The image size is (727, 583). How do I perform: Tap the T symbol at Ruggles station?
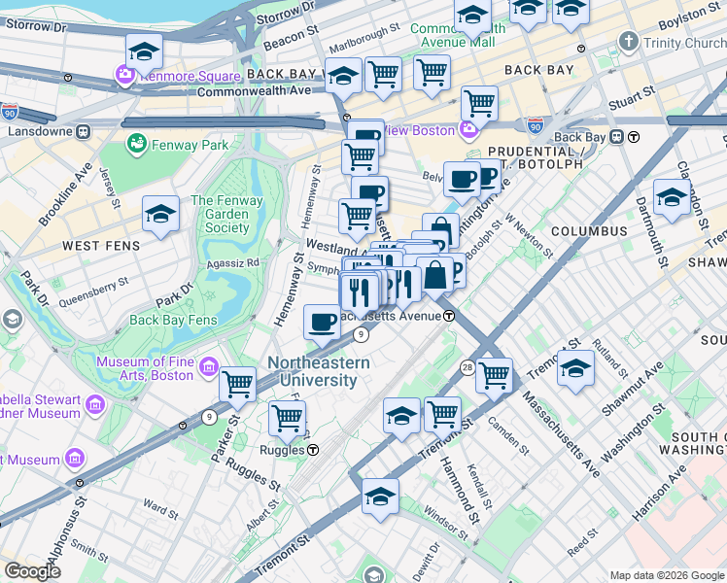314,450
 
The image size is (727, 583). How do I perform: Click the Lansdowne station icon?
84,130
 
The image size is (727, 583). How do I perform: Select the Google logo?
32,570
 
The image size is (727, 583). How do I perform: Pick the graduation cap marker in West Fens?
160,215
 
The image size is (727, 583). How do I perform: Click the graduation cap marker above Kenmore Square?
144,51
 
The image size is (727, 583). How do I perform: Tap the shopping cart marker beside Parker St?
238,384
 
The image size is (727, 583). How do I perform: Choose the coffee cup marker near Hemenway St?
322,322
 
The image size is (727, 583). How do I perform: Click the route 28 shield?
467,366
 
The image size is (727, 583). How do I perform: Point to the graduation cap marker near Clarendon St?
672,197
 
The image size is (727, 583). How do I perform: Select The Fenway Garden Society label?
221,214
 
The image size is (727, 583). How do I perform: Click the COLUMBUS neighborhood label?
589,231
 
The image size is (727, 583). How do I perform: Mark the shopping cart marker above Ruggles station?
287,418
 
